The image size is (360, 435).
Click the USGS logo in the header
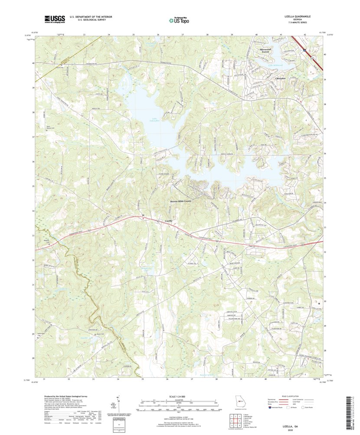(54, 19)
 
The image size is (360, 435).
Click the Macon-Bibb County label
(180, 201)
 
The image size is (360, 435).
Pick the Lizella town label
(168, 221)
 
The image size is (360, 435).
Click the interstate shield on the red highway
(305, 50)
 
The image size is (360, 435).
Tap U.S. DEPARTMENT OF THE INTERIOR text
(91, 16)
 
